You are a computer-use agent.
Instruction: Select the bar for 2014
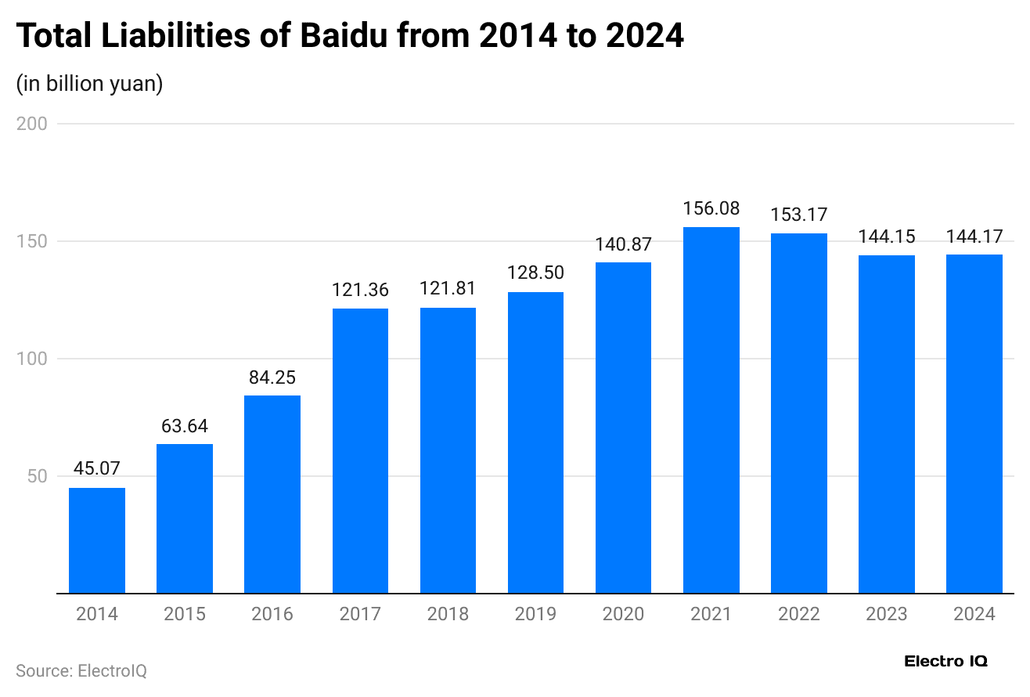tap(97, 540)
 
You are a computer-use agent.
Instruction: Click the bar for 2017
tap(360, 451)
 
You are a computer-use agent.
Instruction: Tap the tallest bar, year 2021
tap(711, 410)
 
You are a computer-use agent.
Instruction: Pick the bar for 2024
tap(974, 424)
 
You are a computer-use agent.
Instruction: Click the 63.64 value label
tap(185, 427)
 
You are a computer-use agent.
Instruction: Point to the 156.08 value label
tap(711, 209)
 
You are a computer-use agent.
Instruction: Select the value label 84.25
tap(272, 377)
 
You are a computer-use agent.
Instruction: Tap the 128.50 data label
tap(535, 273)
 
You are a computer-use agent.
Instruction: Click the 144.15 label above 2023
tap(886, 237)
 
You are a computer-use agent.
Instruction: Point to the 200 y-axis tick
tap(32, 124)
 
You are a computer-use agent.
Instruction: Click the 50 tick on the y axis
tap(38, 476)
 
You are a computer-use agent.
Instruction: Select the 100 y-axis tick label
tap(32, 359)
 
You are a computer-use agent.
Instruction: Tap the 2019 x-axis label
tap(535, 614)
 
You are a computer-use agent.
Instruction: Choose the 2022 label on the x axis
tap(798, 614)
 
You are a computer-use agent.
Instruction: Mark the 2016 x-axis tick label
tap(272, 614)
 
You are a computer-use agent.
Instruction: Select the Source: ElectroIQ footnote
tap(81, 671)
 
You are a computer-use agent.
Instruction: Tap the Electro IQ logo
tap(945, 662)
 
